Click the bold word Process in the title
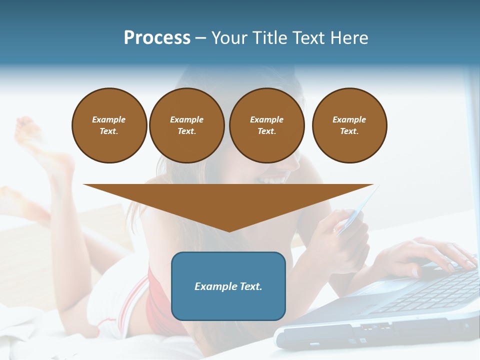157,38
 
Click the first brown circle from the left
109,125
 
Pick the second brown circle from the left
187,125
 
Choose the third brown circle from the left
267,125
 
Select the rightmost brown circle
349,125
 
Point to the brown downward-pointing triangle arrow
228,202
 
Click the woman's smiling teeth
272,178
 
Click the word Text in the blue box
250,286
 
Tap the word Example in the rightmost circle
349,119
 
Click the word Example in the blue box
215,286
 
